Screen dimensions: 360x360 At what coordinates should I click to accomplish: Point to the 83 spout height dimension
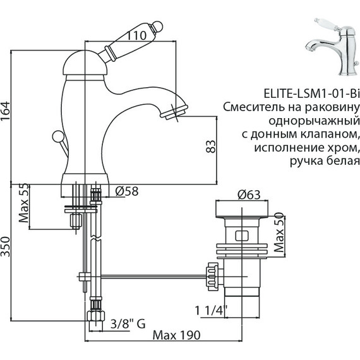coord(212,146)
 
